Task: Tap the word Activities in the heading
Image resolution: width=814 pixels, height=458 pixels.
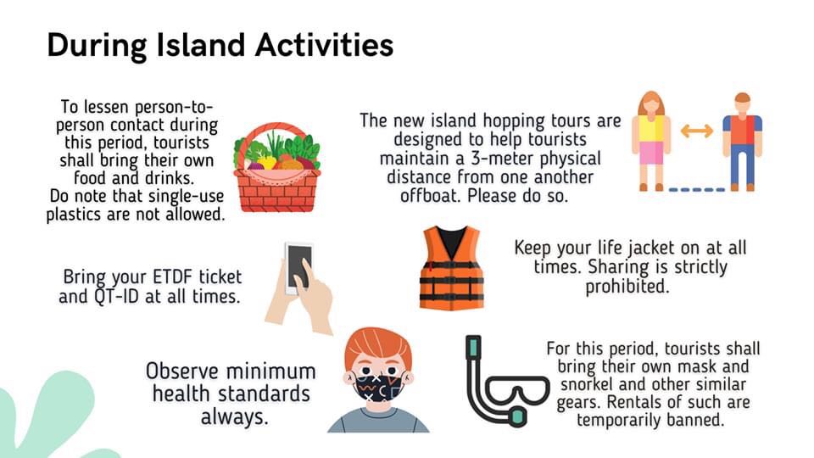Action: [324, 45]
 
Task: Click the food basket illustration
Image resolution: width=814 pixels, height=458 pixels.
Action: [276, 167]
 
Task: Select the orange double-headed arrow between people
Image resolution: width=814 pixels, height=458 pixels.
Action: [696, 131]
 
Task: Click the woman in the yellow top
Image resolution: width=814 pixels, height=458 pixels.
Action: [651, 141]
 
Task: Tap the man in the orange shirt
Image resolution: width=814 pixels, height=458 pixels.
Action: [743, 142]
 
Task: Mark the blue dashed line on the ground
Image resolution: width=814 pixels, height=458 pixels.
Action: [697, 189]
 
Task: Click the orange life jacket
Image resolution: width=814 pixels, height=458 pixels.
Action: [451, 268]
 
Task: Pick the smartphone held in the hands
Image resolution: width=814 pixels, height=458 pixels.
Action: [299, 267]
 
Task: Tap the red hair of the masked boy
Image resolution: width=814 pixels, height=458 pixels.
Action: [378, 346]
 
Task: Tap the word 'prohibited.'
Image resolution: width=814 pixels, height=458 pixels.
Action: [627, 287]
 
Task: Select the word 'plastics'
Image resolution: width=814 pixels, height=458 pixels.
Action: [78, 215]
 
